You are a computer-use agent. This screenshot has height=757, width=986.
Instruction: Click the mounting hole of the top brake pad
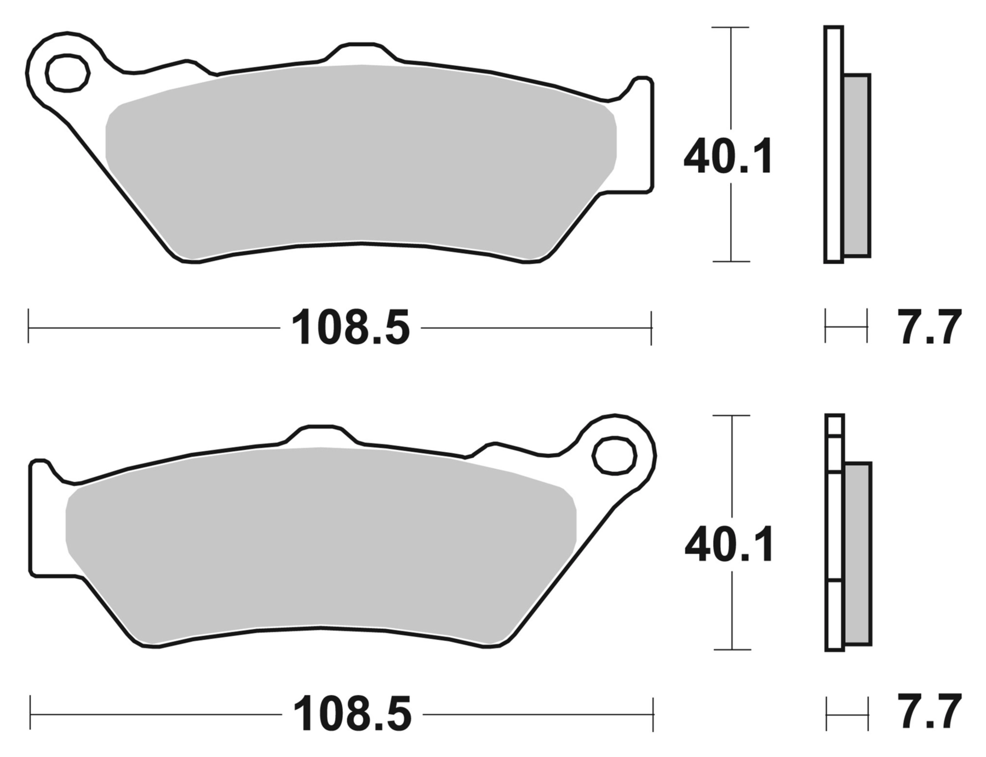[x=68, y=73]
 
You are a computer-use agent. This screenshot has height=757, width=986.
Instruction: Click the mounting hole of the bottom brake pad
[x=615, y=455]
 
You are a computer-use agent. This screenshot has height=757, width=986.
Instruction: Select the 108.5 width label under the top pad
[x=351, y=328]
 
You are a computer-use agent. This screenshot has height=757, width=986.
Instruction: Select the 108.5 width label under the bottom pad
[x=352, y=714]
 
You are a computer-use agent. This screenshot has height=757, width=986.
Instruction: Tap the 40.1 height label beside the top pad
[x=729, y=157]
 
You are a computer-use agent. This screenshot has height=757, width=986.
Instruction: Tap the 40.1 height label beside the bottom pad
[x=730, y=544]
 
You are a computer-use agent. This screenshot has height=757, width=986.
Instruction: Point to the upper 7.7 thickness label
[x=930, y=327]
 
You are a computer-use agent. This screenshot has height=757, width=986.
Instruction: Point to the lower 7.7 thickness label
[x=930, y=712]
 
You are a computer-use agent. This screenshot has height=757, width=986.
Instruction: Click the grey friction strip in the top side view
[x=857, y=165]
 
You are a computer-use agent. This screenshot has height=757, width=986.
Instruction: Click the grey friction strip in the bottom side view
[x=858, y=554]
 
